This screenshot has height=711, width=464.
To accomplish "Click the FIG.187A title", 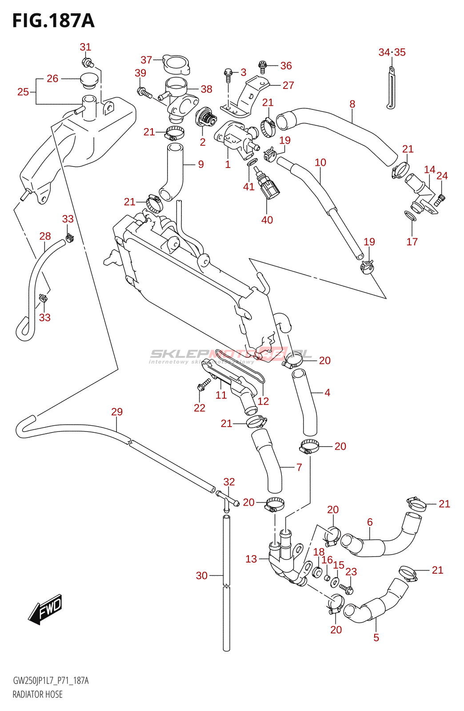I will pos(53,21).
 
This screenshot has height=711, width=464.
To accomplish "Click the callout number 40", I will pos(267,220).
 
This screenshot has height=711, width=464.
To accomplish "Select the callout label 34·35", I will pos(392,52).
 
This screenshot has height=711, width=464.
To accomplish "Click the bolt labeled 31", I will pos(87,62).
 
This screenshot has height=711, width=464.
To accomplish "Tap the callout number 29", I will pos(117,412).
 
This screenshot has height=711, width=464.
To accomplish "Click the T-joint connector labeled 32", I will pos(228,500).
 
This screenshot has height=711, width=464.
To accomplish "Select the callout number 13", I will pos(251,559).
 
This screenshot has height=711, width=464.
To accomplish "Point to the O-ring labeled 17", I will pos(411,216).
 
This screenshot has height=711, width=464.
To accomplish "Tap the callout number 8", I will pos(352,104).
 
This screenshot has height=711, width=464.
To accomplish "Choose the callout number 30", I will pos(202,575).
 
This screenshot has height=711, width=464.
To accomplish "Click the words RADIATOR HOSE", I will pos(37,695).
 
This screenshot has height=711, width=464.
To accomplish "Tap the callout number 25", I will pos(23,92).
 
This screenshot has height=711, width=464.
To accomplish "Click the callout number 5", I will pos(376,638).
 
